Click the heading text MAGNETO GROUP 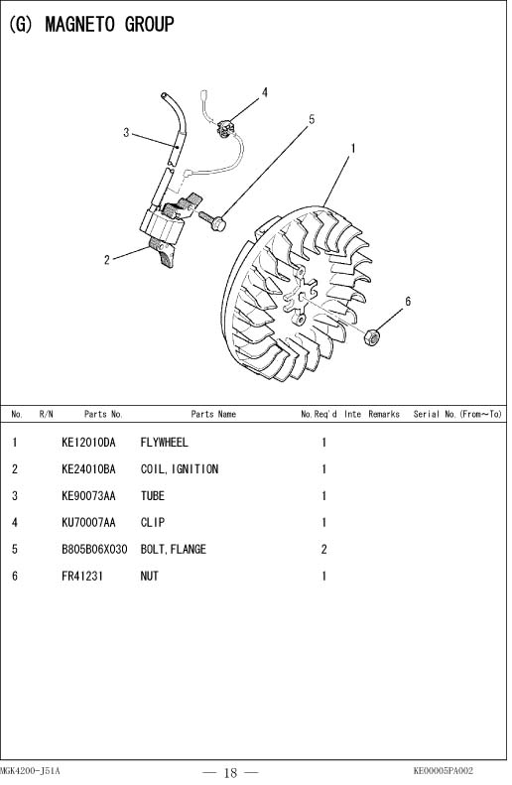tap(109, 24)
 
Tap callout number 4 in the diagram tap(265, 92)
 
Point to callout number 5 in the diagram tap(312, 120)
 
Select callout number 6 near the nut tap(408, 302)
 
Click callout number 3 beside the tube tap(126, 133)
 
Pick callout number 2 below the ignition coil tap(106, 260)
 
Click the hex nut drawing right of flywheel tap(371, 337)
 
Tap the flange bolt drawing tap(212, 220)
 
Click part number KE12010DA tap(88, 443)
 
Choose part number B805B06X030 tap(94, 549)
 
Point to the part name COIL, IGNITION tap(180, 469)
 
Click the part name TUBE tap(152, 496)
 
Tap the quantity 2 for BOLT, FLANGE tap(323, 550)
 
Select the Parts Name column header tap(213, 414)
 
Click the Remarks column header tap(384, 414)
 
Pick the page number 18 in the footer tap(231, 773)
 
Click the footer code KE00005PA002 tap(443, 771)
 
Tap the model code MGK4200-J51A tap(30, 771)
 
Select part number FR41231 tap(82, 577)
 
